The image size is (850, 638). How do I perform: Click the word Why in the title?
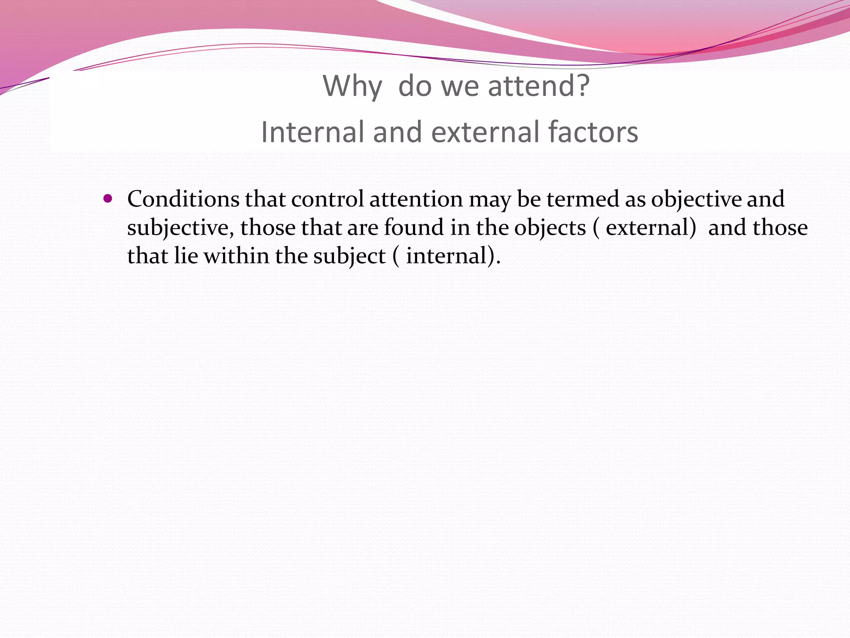point(352,86)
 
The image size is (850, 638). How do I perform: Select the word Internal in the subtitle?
point(313,132)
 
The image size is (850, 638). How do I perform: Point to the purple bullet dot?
point(108,199)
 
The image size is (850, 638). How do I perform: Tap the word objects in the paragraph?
point(550,228)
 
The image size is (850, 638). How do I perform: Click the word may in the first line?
point(490,200)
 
